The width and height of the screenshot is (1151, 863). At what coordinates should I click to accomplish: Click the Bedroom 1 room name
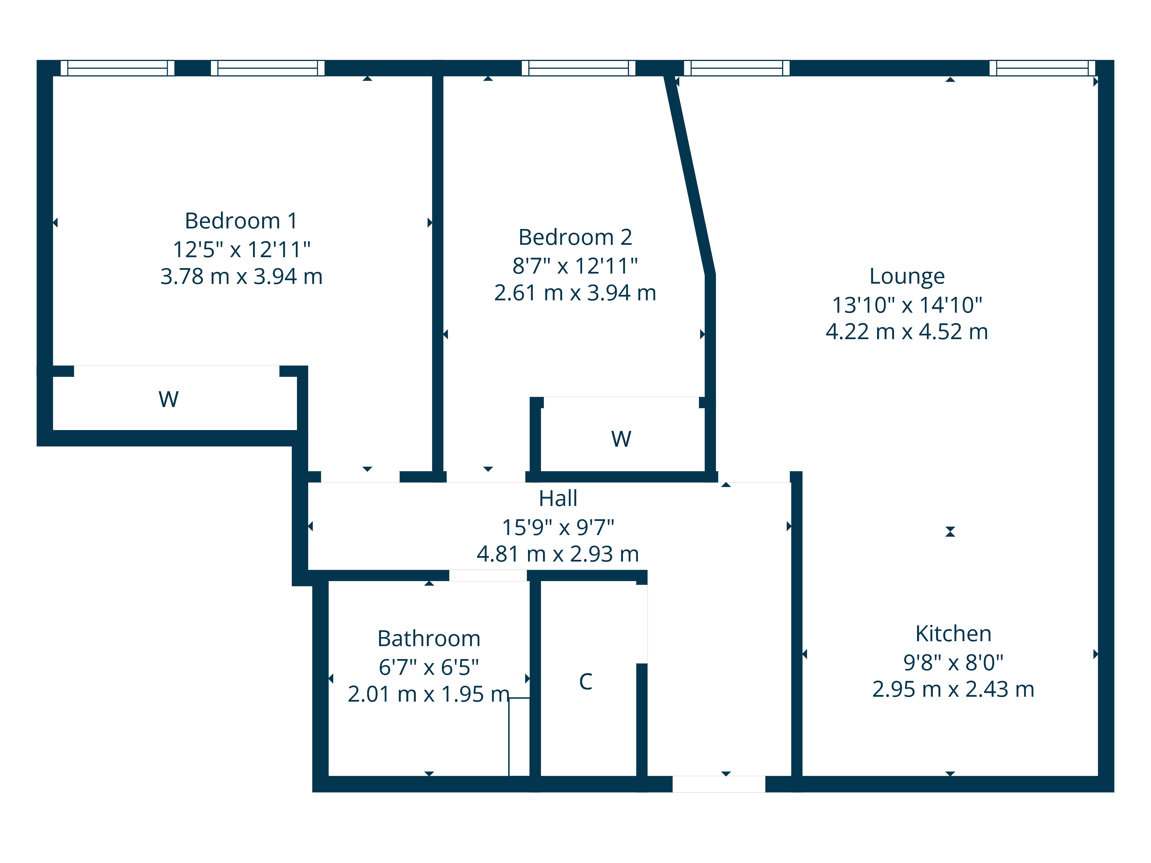[241, 221]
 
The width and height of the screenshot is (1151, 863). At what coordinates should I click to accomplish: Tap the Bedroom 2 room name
[575, 238]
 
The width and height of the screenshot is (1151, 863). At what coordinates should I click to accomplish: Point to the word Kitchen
[953, 634]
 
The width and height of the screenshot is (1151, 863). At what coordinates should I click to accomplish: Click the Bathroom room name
[429, 639]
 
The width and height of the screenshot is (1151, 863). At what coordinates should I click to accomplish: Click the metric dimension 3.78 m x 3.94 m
[241, 277]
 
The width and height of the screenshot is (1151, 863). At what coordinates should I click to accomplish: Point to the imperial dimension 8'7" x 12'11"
[575, 266]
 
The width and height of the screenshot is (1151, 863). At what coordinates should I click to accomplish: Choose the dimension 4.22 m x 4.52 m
[907, 332]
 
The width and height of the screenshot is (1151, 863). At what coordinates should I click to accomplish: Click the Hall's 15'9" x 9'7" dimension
[558, 528]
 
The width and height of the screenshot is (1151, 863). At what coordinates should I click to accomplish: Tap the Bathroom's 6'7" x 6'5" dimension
[429, 667]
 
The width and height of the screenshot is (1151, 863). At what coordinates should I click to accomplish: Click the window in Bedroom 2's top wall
[579, 68]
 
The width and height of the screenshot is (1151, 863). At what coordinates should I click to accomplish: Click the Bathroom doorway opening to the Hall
[488, 575]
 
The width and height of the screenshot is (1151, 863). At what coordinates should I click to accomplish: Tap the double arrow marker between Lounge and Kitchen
[950, 532]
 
